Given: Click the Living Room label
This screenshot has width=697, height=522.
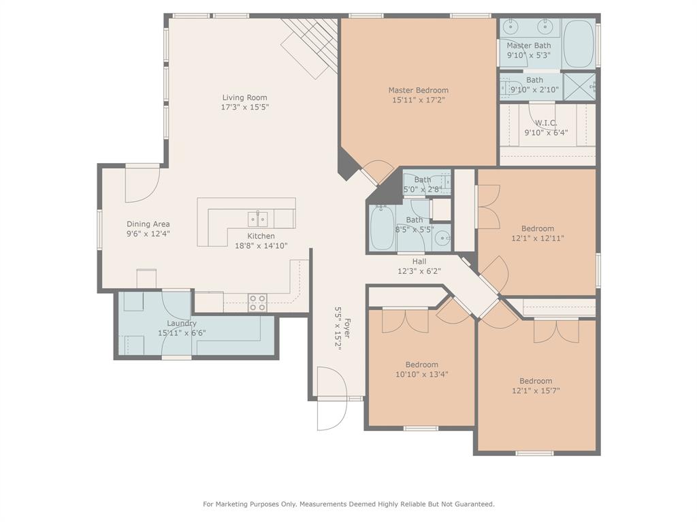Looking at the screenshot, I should point(244,97).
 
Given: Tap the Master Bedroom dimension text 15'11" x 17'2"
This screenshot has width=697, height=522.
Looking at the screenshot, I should point(418,100).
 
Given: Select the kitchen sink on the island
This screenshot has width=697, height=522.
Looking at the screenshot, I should point(258,219).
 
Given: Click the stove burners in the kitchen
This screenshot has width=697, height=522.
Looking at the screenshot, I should point(257,302).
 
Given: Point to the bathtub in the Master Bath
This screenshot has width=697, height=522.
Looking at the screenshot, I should point(579,43).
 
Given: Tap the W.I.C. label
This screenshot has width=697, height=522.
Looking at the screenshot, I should point(545,123).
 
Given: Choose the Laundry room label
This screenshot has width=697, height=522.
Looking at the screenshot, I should point(182,324).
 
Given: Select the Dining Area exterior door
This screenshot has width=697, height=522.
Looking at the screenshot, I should point(142,184).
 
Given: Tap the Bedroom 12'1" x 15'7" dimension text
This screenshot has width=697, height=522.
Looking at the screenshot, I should point(536,391).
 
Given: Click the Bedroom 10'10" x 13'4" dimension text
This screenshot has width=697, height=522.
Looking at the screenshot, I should point(422,374).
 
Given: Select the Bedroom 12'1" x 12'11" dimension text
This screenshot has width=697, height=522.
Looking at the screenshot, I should point(538,239).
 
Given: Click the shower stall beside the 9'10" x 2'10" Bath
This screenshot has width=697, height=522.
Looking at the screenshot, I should point(579,86).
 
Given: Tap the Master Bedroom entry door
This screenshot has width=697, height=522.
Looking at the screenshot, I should point(376,173).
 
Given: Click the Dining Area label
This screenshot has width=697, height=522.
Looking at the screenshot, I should point(148,224).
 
